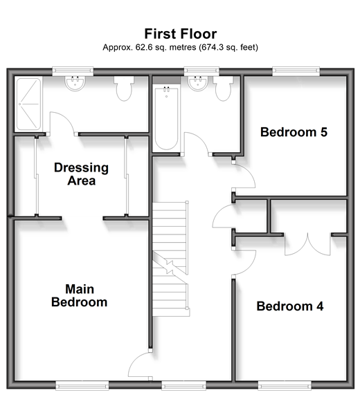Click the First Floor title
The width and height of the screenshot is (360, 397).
pos(181,34)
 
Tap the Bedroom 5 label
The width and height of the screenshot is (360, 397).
pos(294,132)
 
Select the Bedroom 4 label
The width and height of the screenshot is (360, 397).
pos(290,306)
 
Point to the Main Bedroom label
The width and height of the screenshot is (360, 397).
pos(80,296)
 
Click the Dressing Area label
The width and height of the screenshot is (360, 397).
pos(82,174)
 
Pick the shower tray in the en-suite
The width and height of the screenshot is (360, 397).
pos(28,104)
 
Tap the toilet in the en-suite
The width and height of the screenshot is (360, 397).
pos(124,89)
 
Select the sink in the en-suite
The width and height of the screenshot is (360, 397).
pos(75,83)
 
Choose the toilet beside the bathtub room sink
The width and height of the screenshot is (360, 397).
pos(223,89)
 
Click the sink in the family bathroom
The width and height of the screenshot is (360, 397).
pos(198,83)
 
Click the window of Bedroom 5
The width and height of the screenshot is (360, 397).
pos(296,71)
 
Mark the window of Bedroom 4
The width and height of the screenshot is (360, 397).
pos(285,386)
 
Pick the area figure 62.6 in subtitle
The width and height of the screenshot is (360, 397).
pos(144,47)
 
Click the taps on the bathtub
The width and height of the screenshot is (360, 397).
pos(166,89)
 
